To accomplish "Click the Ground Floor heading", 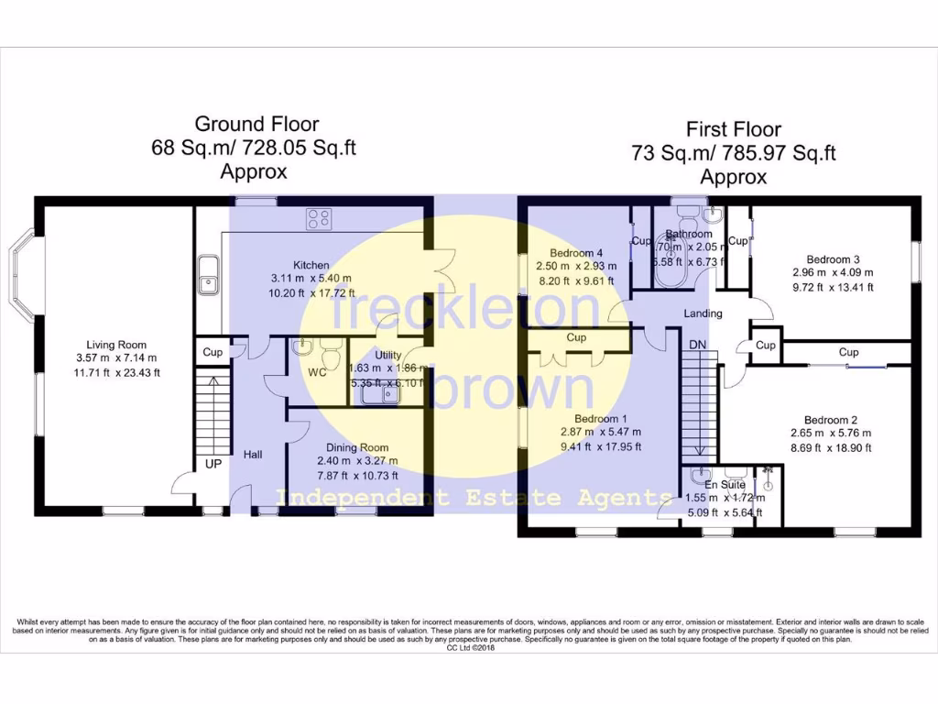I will pos(256,125).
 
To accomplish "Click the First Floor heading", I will pos(734,130).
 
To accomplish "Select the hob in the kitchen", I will pos(319,218).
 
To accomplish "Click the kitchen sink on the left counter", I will pos(210,276).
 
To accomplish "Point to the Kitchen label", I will pos(311,265).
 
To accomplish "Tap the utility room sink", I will pos(378,394).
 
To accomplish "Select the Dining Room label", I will pos(358,447).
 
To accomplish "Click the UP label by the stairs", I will pos(213,464).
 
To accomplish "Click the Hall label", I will pos(253,454).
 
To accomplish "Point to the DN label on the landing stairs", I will pos(698,344).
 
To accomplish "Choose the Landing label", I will pos(703,313).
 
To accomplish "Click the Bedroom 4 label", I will pos(576,253).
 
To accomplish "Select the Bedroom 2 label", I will pos(831,420).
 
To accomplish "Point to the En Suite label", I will pos(725,484).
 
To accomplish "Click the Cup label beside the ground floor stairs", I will pos(213,352).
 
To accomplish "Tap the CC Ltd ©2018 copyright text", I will pos(470,647).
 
